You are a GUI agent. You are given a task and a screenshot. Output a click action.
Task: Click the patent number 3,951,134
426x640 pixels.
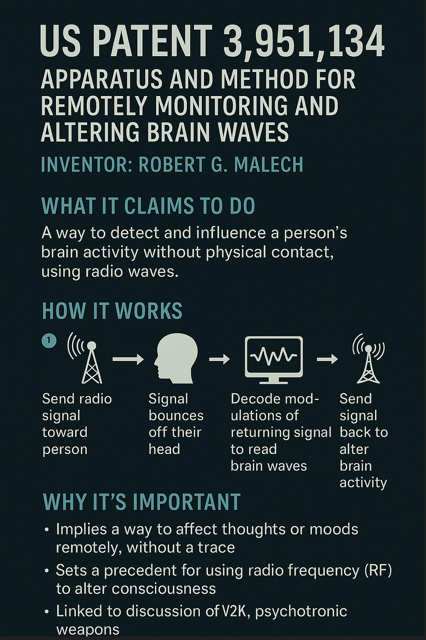pyautogui.click(x=305, y=44)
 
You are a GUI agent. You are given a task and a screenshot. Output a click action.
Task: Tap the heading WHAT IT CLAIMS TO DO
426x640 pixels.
pyautogui.click(x=148, y=206)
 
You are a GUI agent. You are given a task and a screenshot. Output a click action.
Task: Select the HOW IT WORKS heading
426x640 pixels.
pyautogui.click(x=112, y=311)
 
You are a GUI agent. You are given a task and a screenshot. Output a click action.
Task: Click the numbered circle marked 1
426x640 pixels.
pyautogui.click(x=48, y=340)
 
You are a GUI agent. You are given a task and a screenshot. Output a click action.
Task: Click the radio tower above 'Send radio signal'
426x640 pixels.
pyautogui.click(x=91, y=358)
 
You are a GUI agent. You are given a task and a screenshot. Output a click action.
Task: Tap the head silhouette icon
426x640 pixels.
pyautogui.click(x=176, y=358)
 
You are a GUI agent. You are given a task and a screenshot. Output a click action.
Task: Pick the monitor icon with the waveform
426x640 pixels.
pyautogui.click(x=273, y=358)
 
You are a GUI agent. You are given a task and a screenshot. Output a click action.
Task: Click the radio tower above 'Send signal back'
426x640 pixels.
pyautogui.click(x=368, y=358)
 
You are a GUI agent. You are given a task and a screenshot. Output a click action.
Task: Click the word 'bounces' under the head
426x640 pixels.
pyautogui.click(x=176, y=416)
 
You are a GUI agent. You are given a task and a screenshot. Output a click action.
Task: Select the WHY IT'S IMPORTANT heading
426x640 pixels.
pyautogui.click(x=141, y=501)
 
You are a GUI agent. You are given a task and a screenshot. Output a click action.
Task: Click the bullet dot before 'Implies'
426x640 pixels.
pyautogui.click(x=47, y=530)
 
